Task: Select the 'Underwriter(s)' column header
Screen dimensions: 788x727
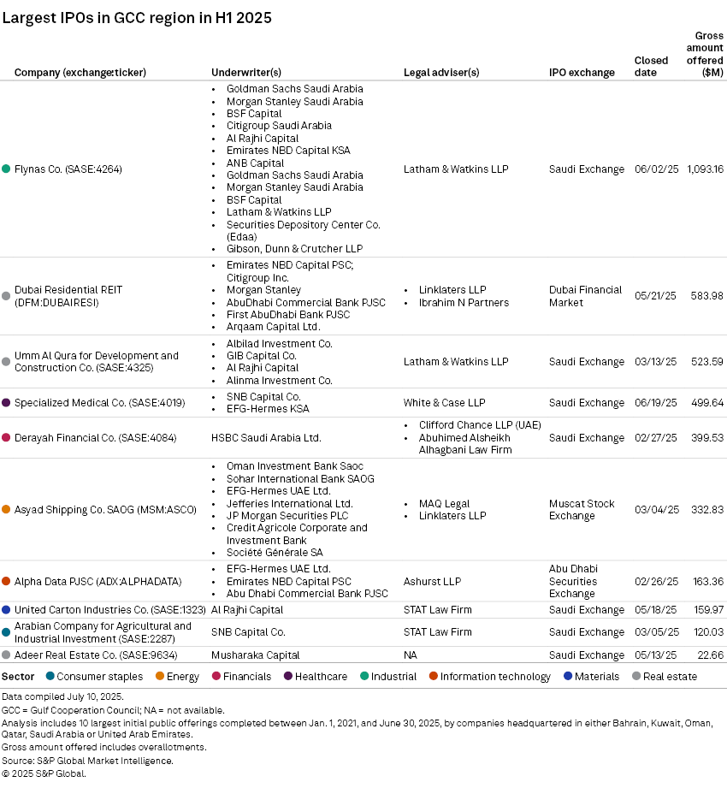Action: [246, 73]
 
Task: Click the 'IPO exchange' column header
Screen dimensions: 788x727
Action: [582, 73]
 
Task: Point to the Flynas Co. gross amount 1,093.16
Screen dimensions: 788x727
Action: [705, 169]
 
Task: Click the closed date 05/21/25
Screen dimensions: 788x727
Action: [656, 296]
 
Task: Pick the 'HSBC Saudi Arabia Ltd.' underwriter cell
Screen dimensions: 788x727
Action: [266, 438]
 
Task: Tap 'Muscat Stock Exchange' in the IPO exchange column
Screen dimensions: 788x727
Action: [582, 510]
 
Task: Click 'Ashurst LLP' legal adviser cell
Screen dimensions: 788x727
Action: [432, 582]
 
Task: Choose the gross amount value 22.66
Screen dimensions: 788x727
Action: [710, 655]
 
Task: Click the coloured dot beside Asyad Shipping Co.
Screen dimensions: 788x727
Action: [6, 510]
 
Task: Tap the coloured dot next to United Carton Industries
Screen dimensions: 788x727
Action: [6, 610]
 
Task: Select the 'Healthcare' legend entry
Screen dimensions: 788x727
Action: [321, 677]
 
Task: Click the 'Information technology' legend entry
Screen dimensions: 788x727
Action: [496, 677]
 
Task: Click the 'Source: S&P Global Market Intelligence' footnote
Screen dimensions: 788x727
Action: [87, 761]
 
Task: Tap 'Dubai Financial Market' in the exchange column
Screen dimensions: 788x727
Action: [585, 296]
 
